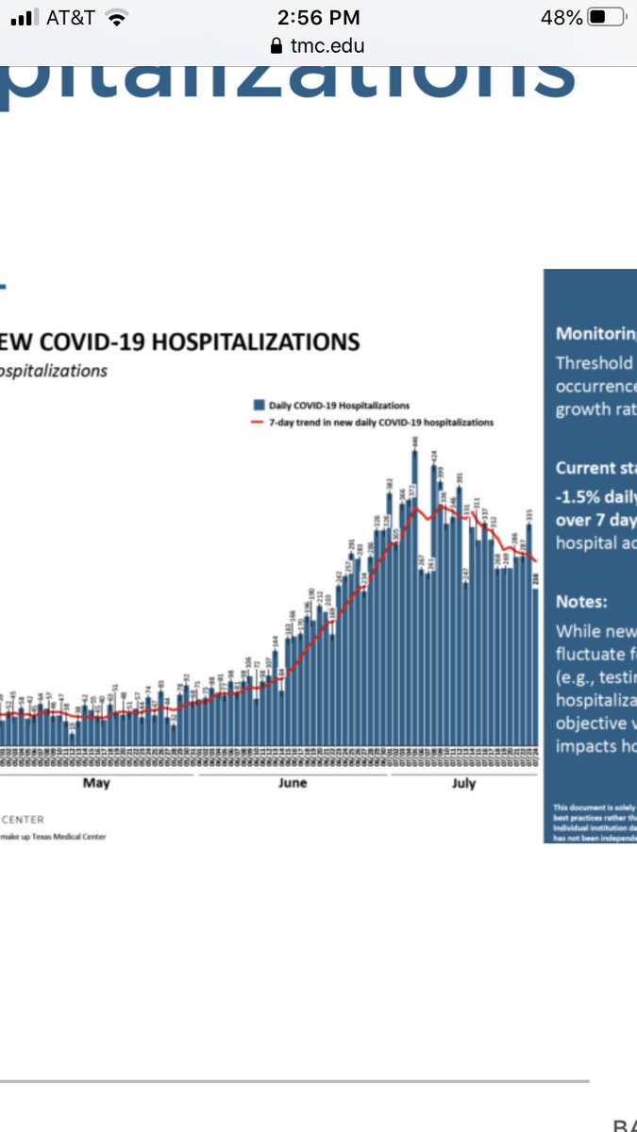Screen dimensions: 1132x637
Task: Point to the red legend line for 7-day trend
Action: (256, 423)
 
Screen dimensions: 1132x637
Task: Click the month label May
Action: (96, 783)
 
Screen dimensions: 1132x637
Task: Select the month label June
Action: (293, 783)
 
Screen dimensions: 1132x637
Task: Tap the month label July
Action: (463, 783)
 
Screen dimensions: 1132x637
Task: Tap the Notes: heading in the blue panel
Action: (581, 601)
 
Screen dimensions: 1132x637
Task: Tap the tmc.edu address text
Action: (327, 45)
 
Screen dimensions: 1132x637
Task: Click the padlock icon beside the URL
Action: (277, 45)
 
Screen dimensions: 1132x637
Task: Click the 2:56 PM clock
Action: (318, 17)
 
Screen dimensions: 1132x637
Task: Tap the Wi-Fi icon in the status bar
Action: (117, 17)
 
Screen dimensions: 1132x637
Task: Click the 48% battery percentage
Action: (562, 17)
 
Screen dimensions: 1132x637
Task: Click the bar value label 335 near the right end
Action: (530, 514)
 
